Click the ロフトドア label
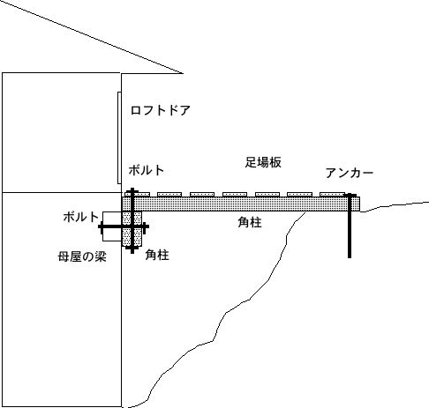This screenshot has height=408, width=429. point(161,110)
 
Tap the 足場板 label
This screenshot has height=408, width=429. point(263,162)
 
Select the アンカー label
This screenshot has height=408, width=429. point(350,173)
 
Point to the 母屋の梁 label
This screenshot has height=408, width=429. point(82,256)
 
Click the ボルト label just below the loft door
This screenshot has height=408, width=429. point(147,170)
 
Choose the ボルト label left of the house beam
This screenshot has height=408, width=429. point(81,217)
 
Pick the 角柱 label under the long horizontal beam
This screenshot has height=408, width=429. point(250,222)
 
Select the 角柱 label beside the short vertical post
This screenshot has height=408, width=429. point(157,255)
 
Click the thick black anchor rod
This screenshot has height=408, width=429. point(350,226)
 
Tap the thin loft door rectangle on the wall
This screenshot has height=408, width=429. point(119,137)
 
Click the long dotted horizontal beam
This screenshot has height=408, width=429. point(241,204)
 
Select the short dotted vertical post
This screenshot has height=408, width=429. point(132,228)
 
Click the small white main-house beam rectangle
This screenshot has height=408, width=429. point(112,226)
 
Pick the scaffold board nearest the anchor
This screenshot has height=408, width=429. point(332,194)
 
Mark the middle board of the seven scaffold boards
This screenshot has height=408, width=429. point(235,194)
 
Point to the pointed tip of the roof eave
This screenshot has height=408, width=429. point(183,73)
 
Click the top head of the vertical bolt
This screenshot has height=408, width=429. point(132,190)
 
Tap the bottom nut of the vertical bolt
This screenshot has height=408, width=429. point(132,249)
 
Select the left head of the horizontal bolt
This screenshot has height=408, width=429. point(101,226)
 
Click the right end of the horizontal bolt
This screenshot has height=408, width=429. point(147,226)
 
